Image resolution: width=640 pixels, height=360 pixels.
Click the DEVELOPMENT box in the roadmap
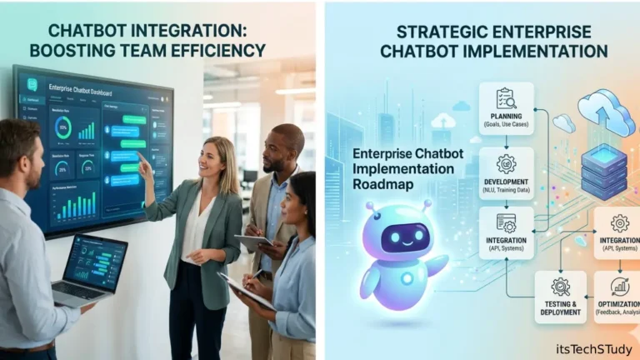coord(506,173)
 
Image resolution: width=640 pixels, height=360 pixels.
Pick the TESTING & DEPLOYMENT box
coord(560,297)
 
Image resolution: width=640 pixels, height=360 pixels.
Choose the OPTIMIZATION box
coord(618,297)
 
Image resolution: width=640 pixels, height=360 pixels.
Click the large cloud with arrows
coord(607,112)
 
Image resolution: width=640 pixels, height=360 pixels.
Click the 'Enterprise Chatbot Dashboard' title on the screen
coord(81,88)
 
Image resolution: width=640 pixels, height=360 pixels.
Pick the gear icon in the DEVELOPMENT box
coord(506,162)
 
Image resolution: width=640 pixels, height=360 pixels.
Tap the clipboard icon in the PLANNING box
coord(506,97)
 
